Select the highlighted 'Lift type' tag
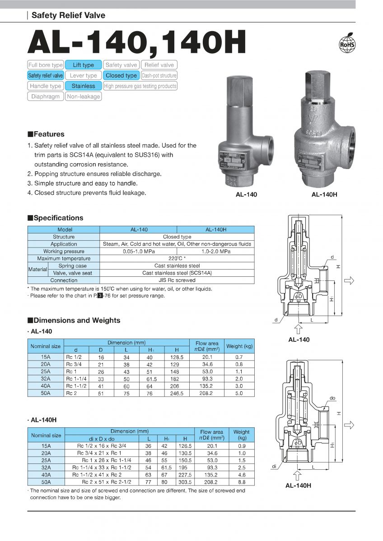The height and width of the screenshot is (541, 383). tap(83, 65)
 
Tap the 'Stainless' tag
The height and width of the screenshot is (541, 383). tap(83, 86)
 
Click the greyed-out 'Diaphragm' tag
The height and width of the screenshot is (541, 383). tap(45, 96)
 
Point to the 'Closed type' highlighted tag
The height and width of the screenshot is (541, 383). tap(121, 75)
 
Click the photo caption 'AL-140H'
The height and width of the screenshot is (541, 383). tap(324, 195)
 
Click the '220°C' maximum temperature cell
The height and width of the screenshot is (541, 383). tap(177, 258)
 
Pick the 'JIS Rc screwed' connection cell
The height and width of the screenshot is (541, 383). tap(177, 280)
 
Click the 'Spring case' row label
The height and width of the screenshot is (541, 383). tap(73, 266)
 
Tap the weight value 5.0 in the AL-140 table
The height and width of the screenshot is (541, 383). tap(239, 393)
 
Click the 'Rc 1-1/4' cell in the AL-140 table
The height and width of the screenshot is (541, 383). tap(75, 379)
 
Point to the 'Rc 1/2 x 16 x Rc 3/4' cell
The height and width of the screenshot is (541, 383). tap(102, 445)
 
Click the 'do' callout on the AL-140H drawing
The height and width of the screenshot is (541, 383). tap(332, 398)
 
